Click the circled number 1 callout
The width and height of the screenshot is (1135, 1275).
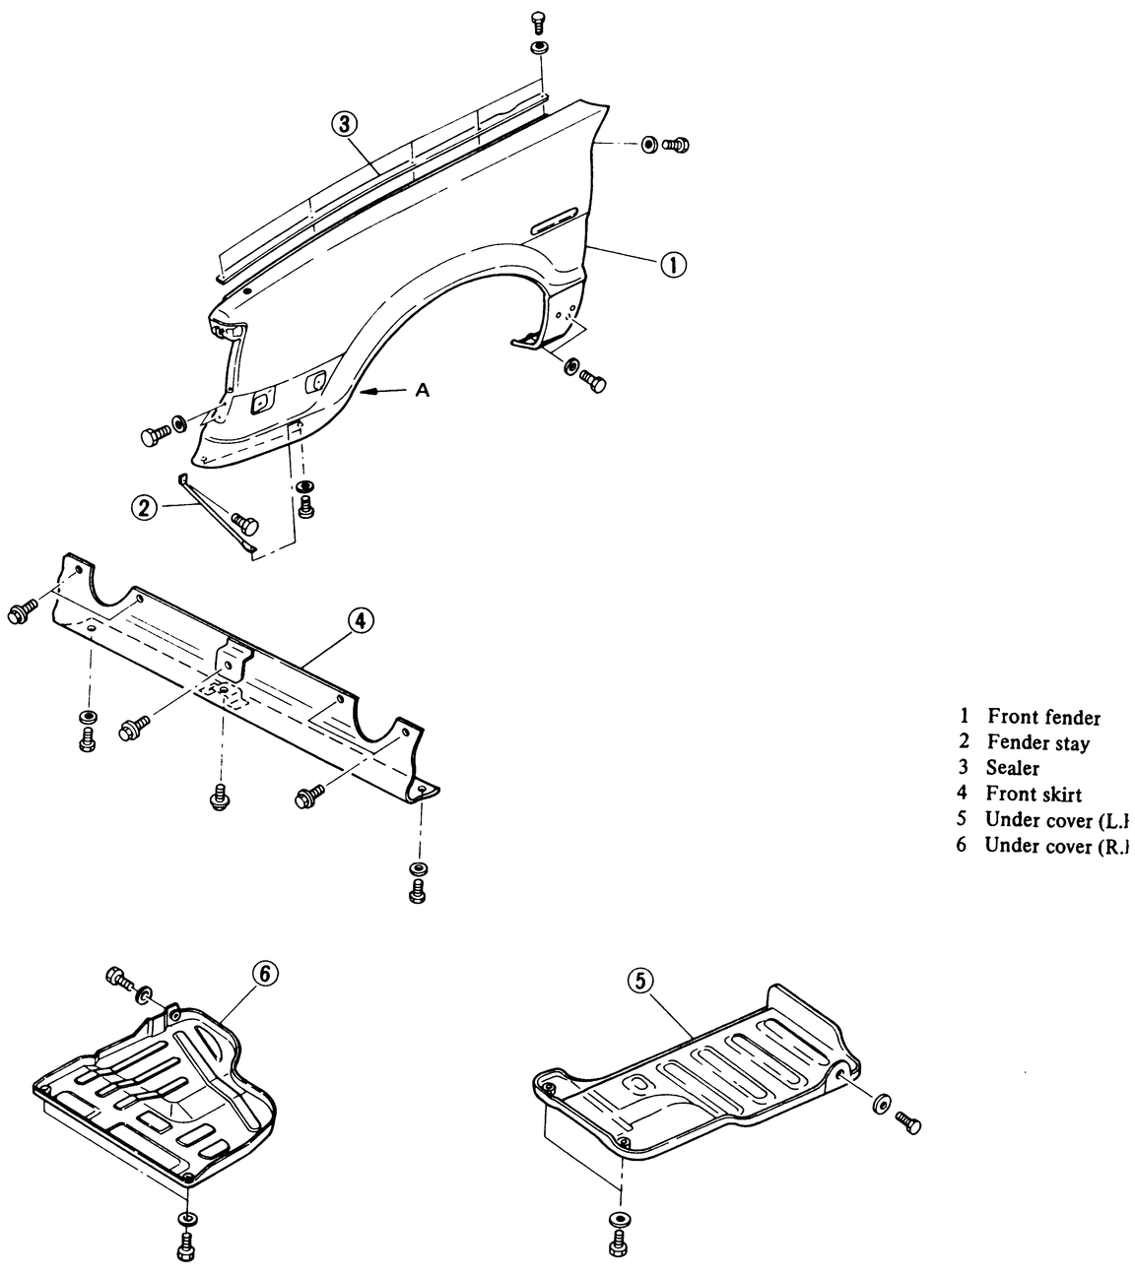[x=673, y=264]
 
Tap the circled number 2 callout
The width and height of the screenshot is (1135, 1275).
[x=144, y=508]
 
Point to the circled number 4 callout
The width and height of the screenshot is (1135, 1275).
[x=361, y=621]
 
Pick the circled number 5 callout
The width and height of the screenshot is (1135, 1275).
[x=641, y=980]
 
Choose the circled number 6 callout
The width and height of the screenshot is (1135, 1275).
[x=264, y=973]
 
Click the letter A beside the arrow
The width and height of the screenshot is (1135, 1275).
[x=422, y=391]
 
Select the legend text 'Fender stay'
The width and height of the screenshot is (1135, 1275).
[x=1037, y=743]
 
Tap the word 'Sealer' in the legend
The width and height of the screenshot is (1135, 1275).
[x=1013, y=768]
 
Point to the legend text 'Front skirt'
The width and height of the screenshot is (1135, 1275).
[x=1034, y=794]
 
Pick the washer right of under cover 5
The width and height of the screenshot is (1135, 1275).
[x=879, y=1102]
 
